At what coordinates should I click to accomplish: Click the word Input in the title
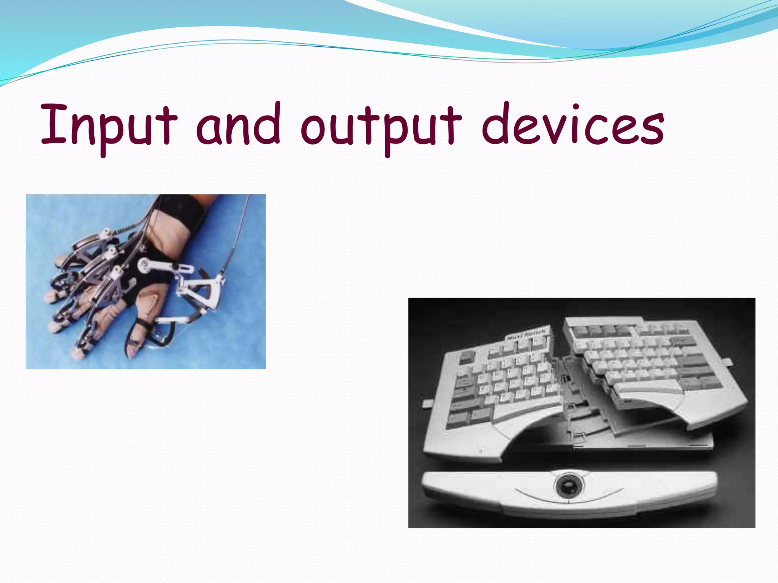tap(109, 125)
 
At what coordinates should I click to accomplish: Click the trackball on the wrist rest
tap(567, 486)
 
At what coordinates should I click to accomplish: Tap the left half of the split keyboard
tap(494, 391)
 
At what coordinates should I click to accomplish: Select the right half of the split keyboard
tap(646, 364)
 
